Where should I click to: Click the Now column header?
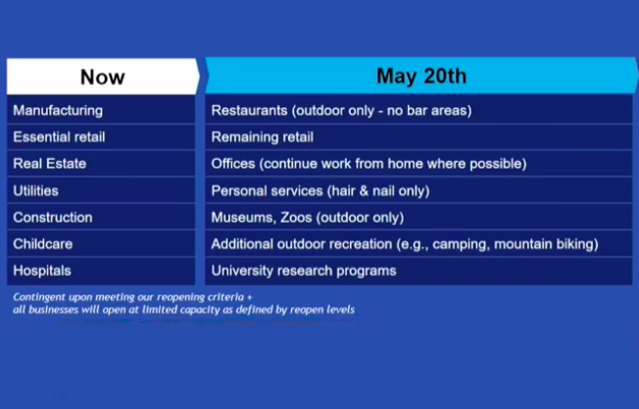(102, 77)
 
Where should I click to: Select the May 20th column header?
(421, 76)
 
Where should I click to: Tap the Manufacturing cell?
(101, 111)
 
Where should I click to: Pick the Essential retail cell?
(101, 137)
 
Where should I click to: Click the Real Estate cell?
(101, 164)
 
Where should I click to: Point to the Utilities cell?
(101, 191)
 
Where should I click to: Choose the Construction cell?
(101, 218)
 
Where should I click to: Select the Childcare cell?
(101, 244)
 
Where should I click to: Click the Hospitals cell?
(101, 271)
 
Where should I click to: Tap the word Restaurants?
(249, 111)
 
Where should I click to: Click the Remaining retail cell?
(418, 137)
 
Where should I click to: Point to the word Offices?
(233, 164)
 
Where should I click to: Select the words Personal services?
(267, 191)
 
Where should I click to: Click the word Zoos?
(296, 218)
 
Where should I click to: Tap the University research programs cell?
(418, 271)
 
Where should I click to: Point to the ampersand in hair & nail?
(364, 191)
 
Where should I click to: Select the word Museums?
(243, 218)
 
